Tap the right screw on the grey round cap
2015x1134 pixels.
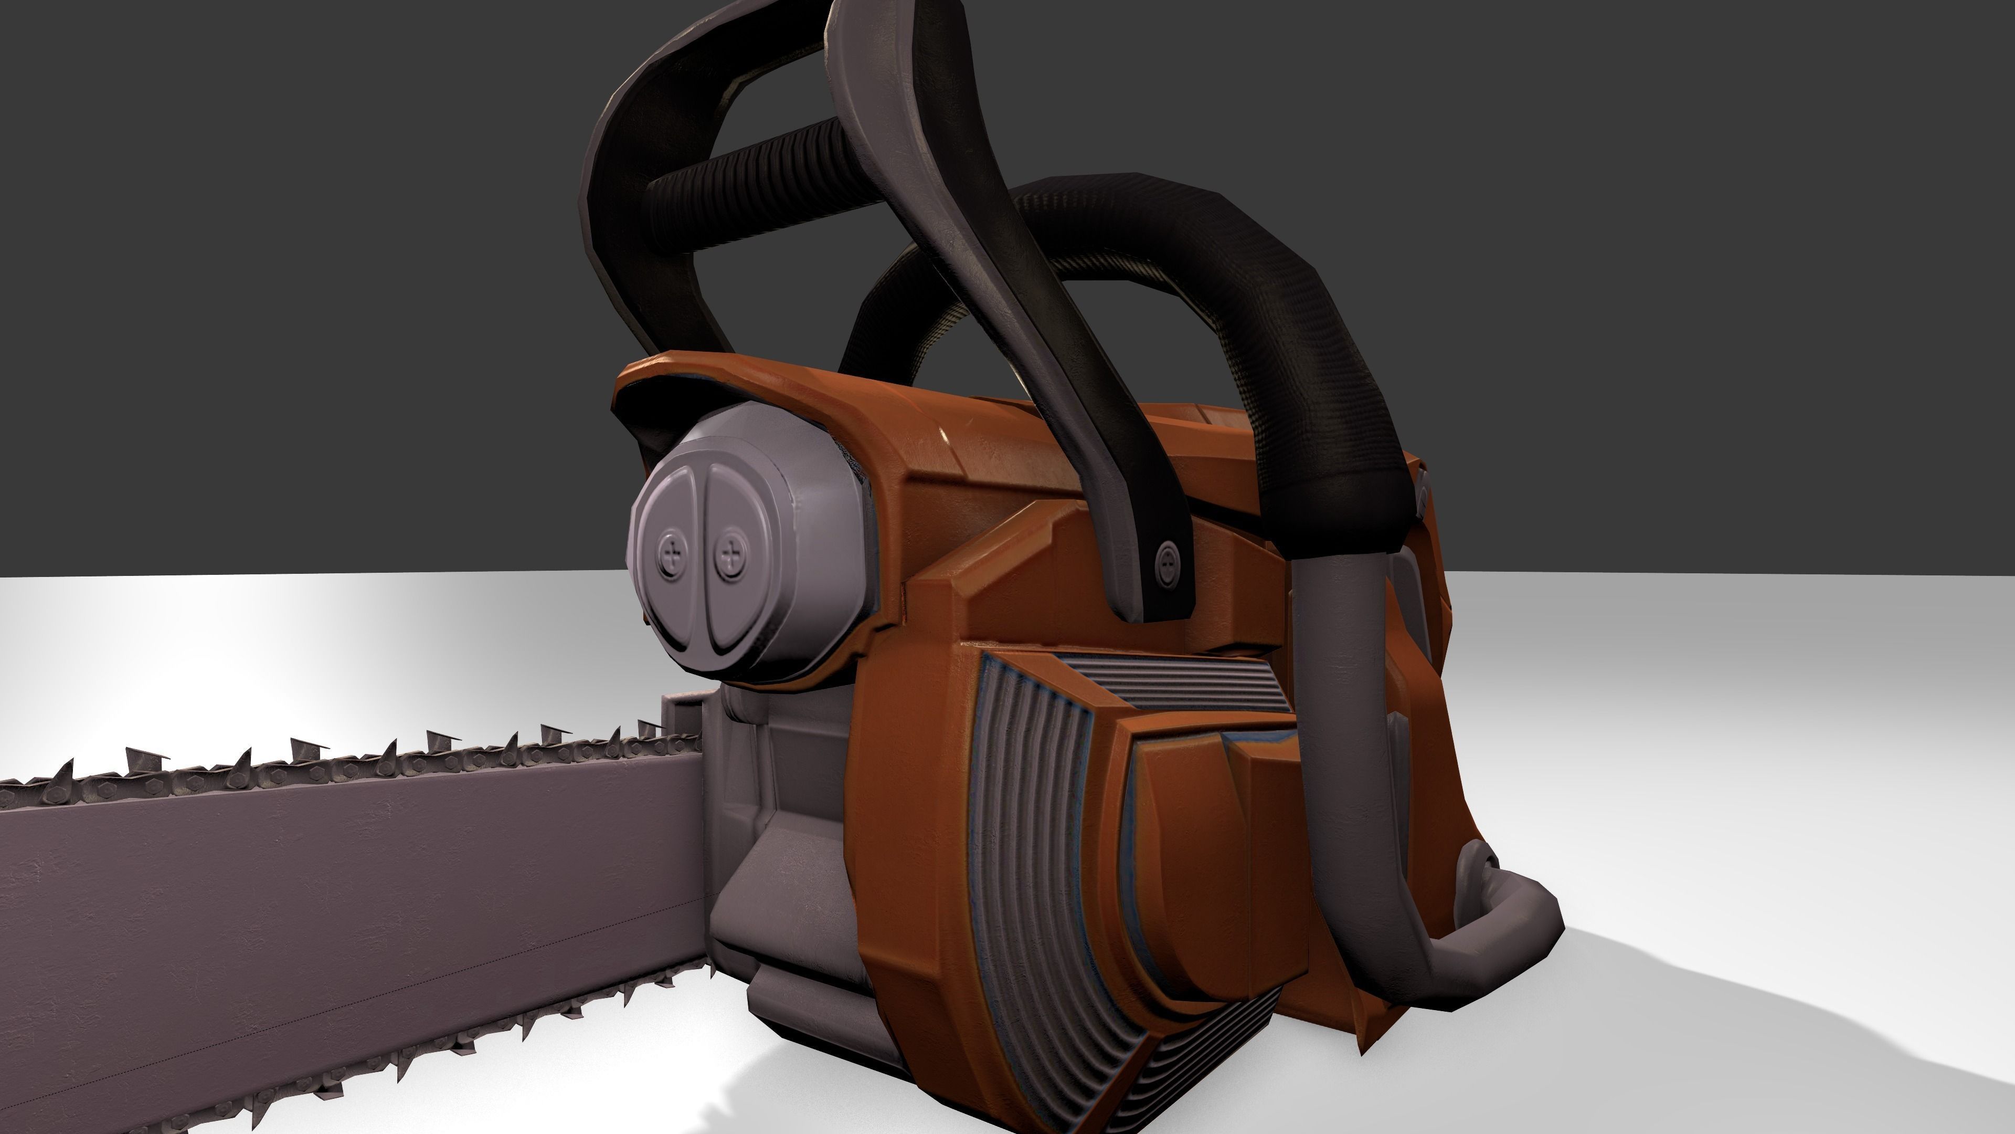click(730, 558)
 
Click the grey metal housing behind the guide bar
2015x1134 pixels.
click(782, 861)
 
